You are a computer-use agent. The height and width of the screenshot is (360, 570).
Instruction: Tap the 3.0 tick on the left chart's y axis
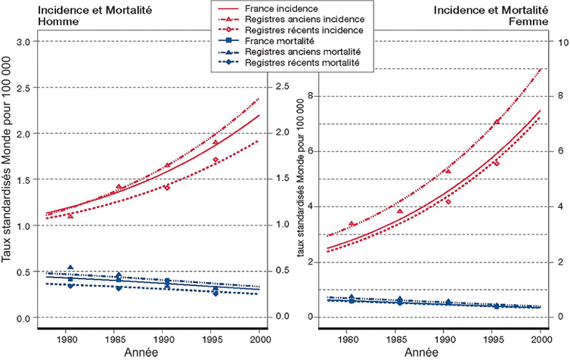coord(26,41)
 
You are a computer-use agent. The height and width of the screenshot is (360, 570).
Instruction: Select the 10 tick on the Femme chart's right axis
coord(560,42)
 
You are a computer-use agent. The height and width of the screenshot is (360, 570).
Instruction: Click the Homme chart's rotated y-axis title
coord(8,182)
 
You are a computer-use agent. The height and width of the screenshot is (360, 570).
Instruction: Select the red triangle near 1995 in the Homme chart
coord(215,142)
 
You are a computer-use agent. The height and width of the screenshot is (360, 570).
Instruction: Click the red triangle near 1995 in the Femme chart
coord(497,122)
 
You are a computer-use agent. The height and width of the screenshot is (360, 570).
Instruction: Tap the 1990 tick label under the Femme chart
coord(446,336)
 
